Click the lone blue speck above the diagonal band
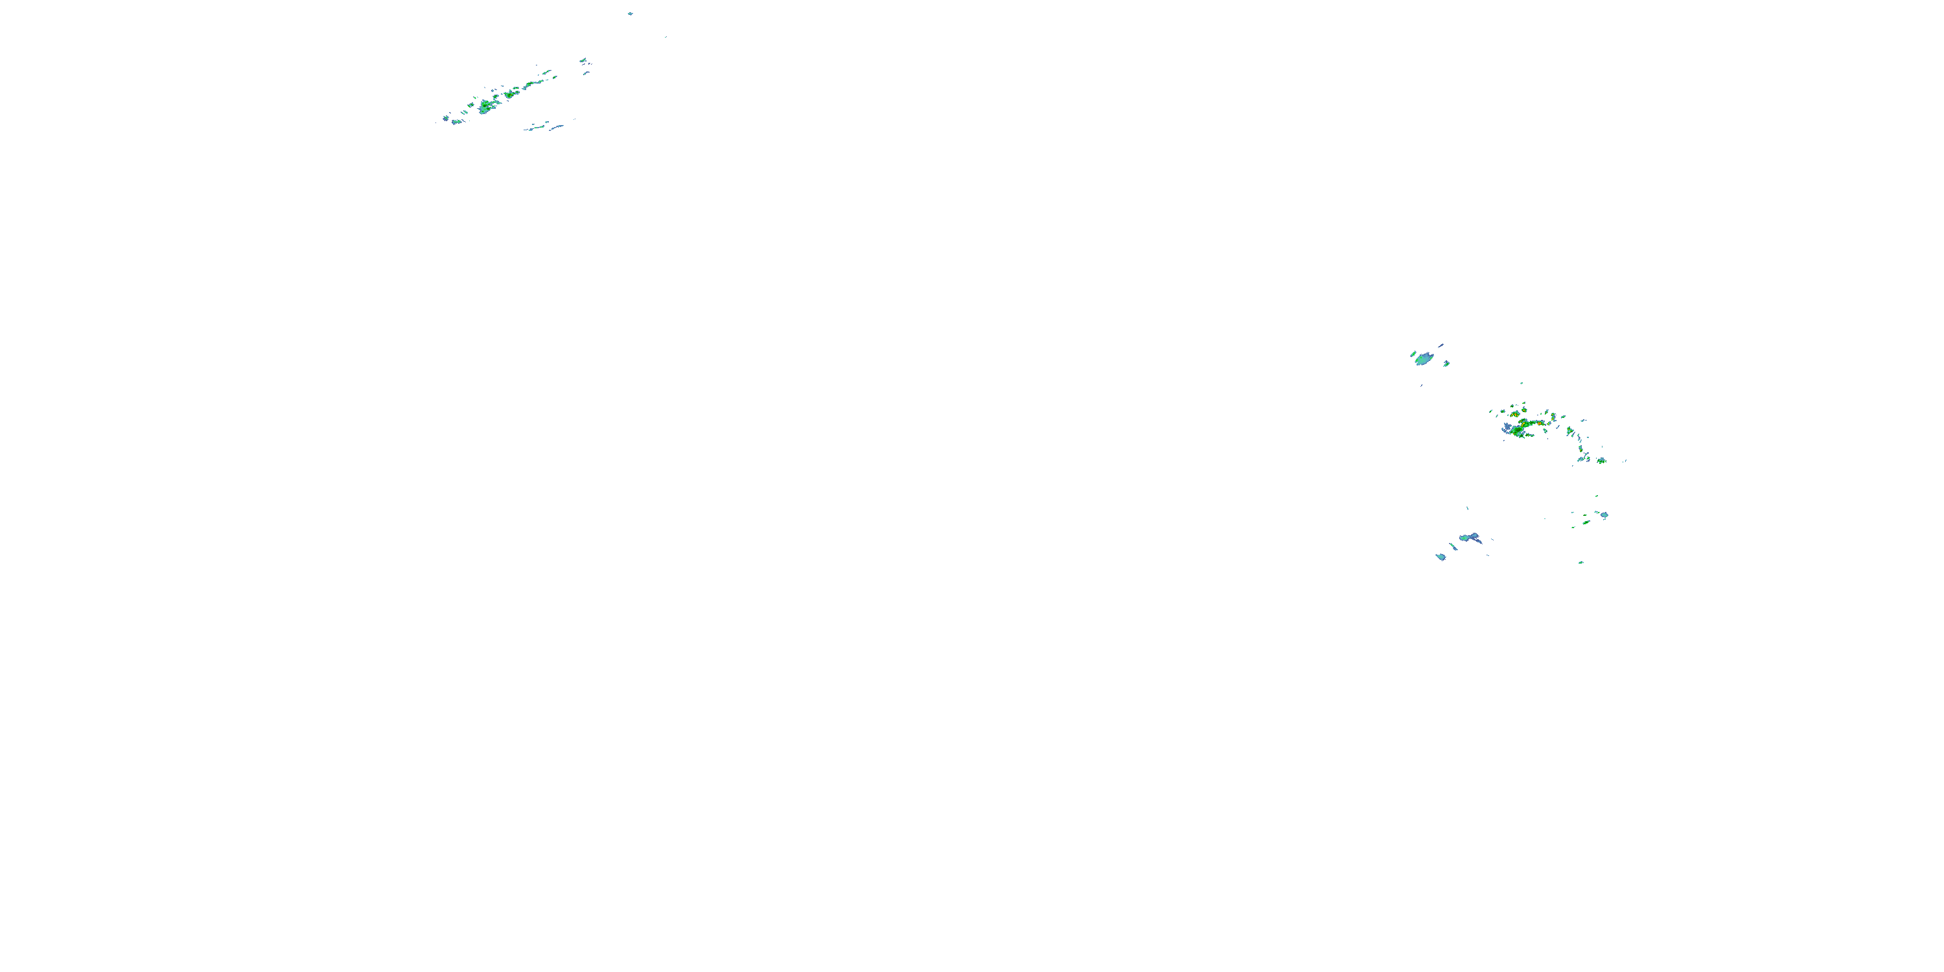coord(630,14)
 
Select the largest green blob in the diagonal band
coord(485,107)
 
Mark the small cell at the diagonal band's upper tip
coord(583,60)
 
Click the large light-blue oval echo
coord(1424,359)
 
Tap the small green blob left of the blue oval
coord(1413,353)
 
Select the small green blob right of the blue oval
coord(1446,364)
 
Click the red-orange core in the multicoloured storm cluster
coord(1516,413)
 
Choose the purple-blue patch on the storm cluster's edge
coord(1507,427)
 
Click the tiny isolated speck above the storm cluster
coord(1522,384)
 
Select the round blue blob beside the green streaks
coord(1604,515)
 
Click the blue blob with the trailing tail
coord(1469,538)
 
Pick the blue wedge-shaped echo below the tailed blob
coord(1441,557)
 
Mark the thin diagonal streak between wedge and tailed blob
coord(1453,546)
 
